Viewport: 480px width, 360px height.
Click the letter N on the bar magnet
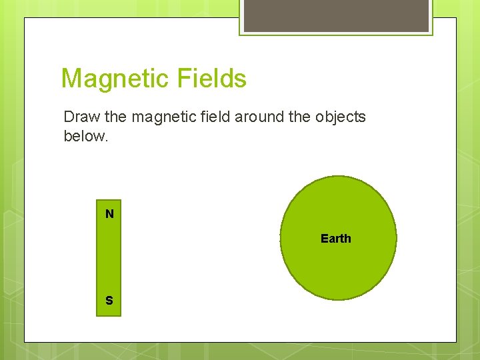pos(109,214)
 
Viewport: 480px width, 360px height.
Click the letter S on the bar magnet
pos(109,301)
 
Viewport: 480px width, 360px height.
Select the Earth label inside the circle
pos(335,239)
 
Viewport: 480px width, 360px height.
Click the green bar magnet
pos(109,257)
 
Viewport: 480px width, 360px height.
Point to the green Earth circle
pos(338,267)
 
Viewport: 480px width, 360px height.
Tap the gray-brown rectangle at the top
pos(336,15)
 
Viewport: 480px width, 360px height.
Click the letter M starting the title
pos(70,79)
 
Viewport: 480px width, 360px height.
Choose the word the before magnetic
pos(116,117)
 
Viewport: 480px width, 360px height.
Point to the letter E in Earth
pos(324,239)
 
